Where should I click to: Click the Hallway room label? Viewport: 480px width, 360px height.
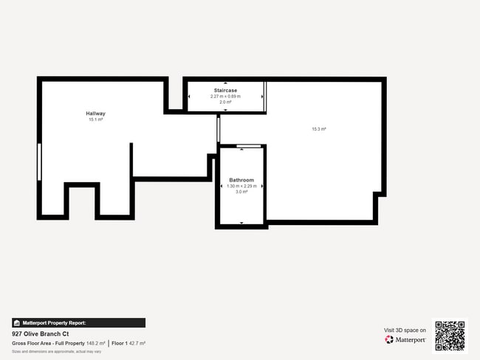tap(96, 114)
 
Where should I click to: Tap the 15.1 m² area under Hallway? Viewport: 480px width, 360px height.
tap(96, 120)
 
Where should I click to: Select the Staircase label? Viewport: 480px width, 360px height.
tap(225, 90)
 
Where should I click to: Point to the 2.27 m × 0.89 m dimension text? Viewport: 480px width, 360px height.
tap(225, 96)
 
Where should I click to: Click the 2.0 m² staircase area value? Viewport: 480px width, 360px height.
tap(225, 102)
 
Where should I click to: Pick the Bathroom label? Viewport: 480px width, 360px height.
tap(241, 180)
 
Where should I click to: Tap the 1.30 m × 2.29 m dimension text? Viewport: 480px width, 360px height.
tap(241, 186)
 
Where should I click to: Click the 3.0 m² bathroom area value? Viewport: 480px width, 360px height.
tap(241, 192)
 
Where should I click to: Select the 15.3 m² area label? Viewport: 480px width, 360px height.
tap(319, 129)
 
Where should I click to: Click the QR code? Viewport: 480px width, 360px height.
tap(450, 335)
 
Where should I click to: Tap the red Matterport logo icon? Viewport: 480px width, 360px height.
tap(388, 340)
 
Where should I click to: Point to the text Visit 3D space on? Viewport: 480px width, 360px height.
tap(405, 330)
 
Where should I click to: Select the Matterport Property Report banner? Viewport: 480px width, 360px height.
tap(78, 322)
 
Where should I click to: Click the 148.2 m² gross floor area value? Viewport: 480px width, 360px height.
tap(95, 343)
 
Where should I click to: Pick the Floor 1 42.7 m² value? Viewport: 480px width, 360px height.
tap(128, 343)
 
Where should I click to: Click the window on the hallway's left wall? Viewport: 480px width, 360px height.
tap(39, 161)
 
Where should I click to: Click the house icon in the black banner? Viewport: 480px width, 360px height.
tap(17, 322)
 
